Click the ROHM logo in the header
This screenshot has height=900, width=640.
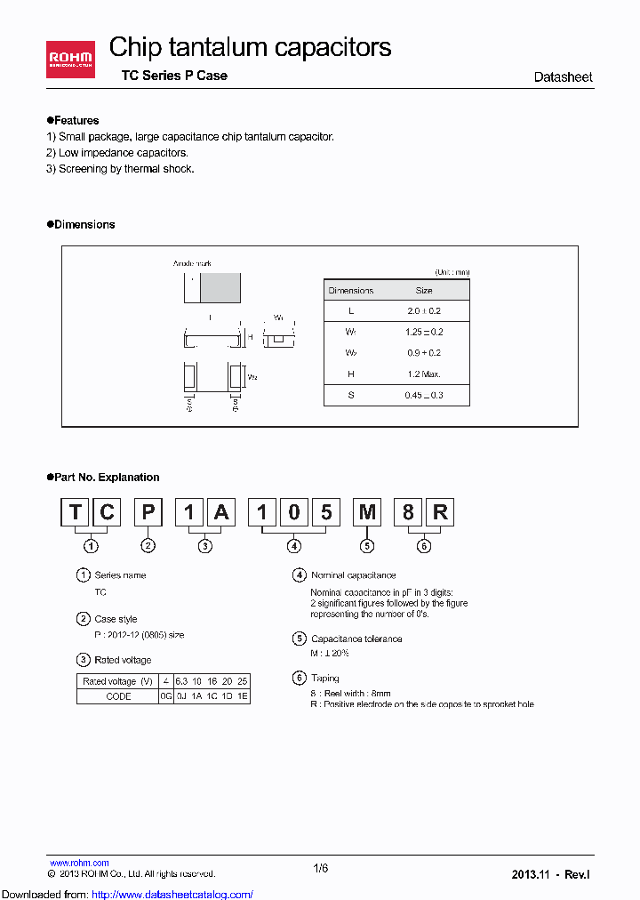pos(72,60)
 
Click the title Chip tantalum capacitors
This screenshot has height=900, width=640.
pos(250,47)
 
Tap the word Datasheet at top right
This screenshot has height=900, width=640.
pos(563,77)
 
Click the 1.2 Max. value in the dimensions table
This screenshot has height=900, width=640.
pos(424,374)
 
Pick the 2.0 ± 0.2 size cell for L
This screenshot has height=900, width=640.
pos(424,311)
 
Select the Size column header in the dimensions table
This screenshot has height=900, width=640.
pos(424,291)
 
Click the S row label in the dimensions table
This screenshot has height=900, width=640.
pos(351,395)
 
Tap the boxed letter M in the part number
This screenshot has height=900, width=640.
pos(366,512)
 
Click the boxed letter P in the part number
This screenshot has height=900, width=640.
pos(148,512)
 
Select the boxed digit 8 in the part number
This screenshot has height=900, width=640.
pos(408,512)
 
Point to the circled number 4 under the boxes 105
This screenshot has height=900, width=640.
pos(294,546)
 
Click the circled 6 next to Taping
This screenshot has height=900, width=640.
pos(300,678)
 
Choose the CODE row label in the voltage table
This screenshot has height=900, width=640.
pos(118,697)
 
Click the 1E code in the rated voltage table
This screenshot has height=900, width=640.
pos(243,697)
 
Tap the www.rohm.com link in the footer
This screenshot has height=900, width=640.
pos(79,863)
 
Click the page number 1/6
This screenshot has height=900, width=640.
pos(321,869)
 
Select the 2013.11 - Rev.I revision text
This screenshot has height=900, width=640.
pos(550,875)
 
